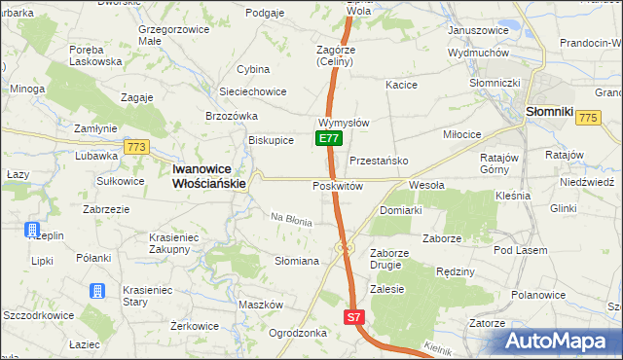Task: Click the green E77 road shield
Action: tap(329, 139)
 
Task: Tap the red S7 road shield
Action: tap(354, 317)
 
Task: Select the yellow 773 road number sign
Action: tap(135, 147)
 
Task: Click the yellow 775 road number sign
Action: tap(587, 117)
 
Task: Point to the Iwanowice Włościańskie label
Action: tap(209, 174)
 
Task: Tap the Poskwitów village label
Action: tap(338, 186)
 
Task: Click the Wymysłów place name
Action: tap(343, 124)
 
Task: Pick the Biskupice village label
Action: tap(272, 140)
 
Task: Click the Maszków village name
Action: tap(260, 305)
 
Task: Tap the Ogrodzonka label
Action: tap(297, 332)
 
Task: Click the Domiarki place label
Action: tap(400, 210)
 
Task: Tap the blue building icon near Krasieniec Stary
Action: tap(97, 292)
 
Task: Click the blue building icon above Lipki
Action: tap(33, 231)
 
